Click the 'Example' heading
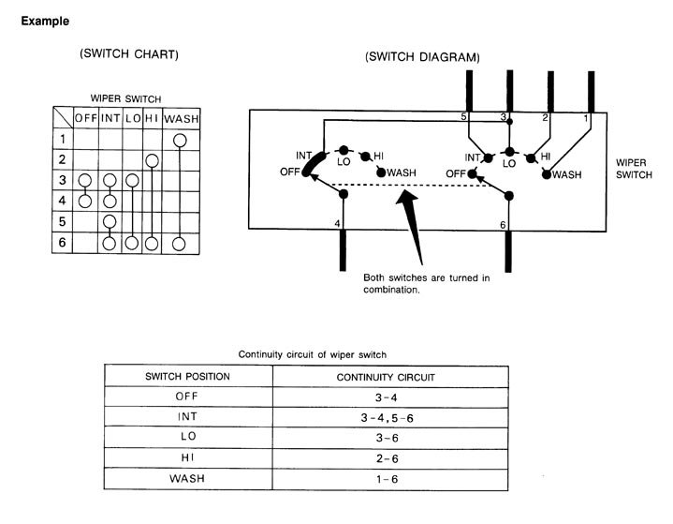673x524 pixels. click(x=45, y=21)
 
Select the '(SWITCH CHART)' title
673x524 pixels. click(x=129, y=54)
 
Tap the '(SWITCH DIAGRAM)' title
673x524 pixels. click(x=422, y=57)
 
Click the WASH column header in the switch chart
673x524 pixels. click(x=182, y=119)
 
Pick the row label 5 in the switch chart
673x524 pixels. click(x=62, y=221)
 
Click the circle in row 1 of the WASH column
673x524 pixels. click(x=180, y=141)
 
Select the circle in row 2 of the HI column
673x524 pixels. click(x=152, y=161)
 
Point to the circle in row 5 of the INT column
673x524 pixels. click(x=110, y=222)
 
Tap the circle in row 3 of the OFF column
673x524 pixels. click(x=85, y=181)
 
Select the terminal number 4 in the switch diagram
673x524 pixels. click(x=337, y=223)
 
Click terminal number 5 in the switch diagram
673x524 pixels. click(x=463, y=116)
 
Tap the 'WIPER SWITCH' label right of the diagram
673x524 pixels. click(x=634, y=169)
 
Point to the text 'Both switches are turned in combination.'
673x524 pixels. click(x=426, y=284)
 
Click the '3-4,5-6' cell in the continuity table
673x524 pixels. click(x=387, y=418)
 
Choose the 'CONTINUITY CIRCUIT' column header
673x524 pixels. click(x=386, y=378)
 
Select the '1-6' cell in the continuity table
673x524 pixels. click(x=388, y=479)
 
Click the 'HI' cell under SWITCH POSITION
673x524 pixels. click(x=187, y=457)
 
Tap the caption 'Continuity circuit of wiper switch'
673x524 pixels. click(x=312, y=354)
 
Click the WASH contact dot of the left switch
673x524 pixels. click(x=381, y=172)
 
